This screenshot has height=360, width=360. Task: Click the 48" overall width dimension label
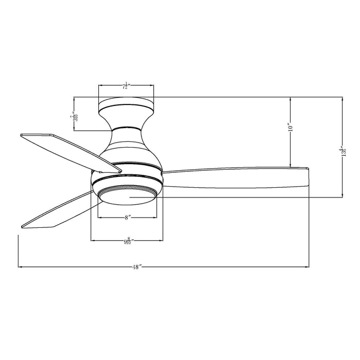click(136, 267)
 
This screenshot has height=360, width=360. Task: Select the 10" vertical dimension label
click(291, 128)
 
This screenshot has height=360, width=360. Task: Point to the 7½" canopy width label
click(127, 86)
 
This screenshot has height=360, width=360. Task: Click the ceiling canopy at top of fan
click(127, 105)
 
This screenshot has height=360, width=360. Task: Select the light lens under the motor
click(127, 194)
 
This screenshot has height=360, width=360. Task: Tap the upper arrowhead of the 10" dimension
click(292, 99)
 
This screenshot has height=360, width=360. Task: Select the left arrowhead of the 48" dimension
click(20, 267)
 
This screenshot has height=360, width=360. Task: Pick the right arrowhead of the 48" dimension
click(308, 267)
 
